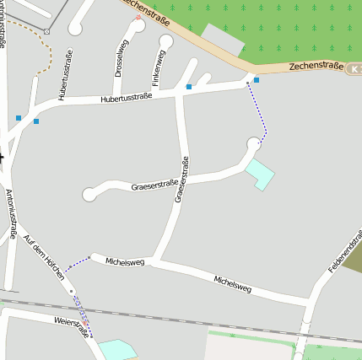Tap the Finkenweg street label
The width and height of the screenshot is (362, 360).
pyautogui.click(x=155, y=68)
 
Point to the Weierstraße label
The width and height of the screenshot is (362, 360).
pyautogui.click(x=72, y=325)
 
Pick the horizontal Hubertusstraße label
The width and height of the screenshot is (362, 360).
pyautogui.click(x=126, y=98)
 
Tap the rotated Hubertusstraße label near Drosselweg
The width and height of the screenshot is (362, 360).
pyautogui.click(x=65, y=75)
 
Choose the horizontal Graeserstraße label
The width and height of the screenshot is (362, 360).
pyautogui.click(x=154, y=185)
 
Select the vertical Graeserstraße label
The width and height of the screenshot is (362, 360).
pyautogui.click(x=180, y=180)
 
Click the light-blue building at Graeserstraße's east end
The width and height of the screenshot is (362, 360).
pyautogui.click(x=261, y=174)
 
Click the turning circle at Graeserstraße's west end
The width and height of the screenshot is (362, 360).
pyautogui.click(x=89, y=195)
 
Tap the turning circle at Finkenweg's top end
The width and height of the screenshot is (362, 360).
pyautogui.click(x=165, y=41)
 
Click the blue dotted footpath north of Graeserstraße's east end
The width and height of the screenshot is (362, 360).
pyautogui.click(x=259, y=110)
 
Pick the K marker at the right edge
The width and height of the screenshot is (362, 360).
pyautogui.click(x=356, y=68)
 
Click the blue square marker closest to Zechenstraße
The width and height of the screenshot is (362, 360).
pyautogui.click(x=257, y=80)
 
